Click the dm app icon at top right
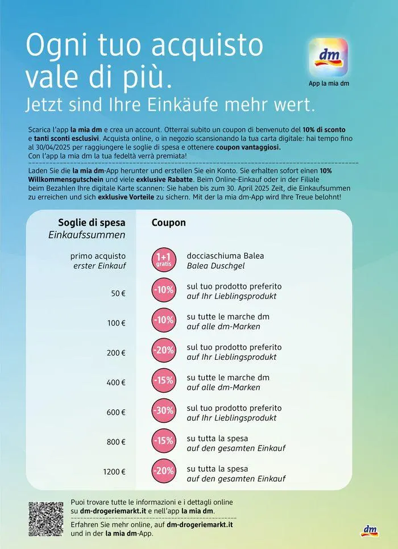coord(328,58)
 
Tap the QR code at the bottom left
coord(45,519)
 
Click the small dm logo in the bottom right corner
coord(370,530)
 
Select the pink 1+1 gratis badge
coord(164,260)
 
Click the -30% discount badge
coord(164,410)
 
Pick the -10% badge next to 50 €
coord(164,290)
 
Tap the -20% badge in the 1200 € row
coord(164,471)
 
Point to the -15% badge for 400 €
coord(164,380)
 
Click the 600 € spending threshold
coord(116,413)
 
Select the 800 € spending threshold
coord(116,442)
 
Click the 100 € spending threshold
coord(116,323)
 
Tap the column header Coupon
coord(169,223)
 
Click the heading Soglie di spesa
coord(92,223)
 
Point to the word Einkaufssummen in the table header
coord(94,235)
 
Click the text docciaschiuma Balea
coord(225,256)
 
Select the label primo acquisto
coord(98,256)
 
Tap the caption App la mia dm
coord(329,84)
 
